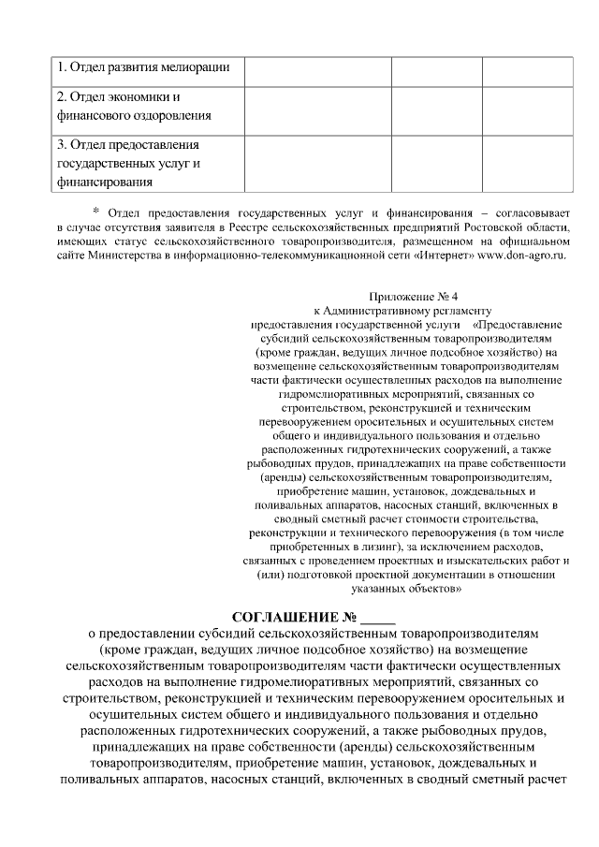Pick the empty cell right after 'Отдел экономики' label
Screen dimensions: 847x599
[317, 107]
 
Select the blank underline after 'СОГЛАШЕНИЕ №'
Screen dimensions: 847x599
[378, 620]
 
